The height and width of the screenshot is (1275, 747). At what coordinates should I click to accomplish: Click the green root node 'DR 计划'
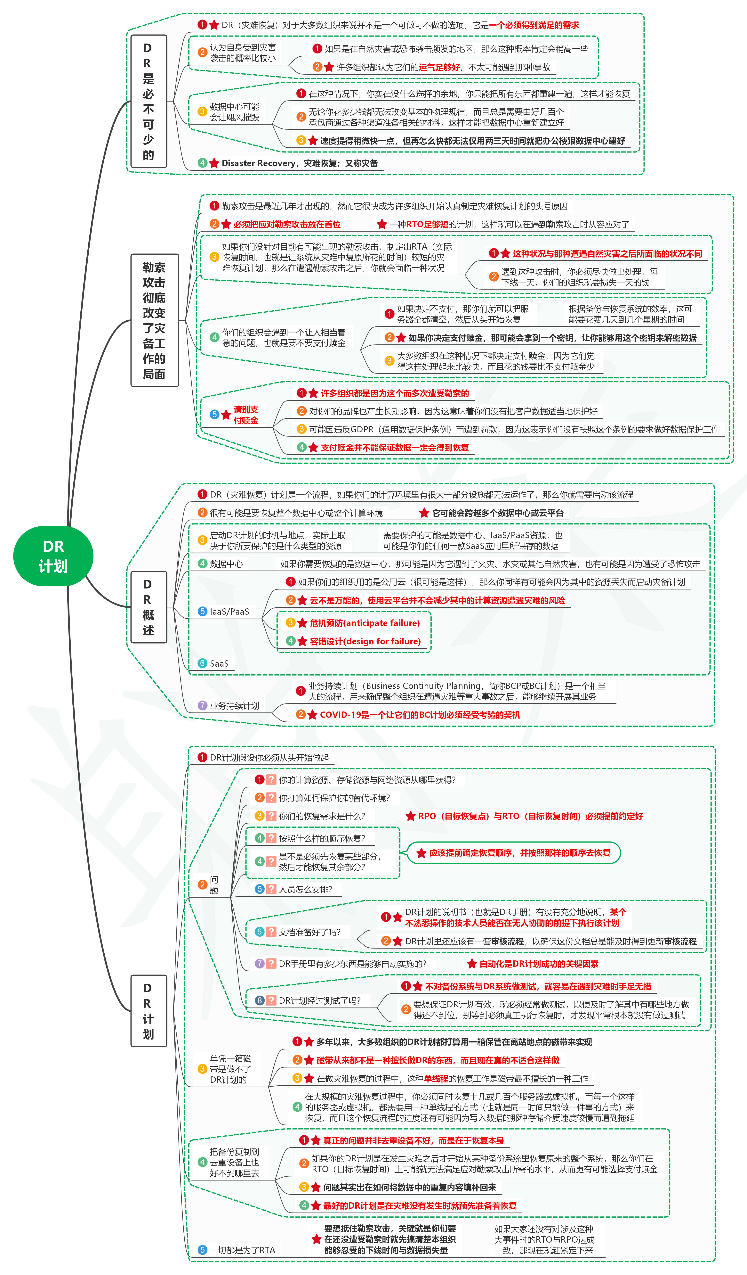click(x=53, y=556)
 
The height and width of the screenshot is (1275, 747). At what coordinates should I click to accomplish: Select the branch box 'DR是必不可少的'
click(x=148, y=101)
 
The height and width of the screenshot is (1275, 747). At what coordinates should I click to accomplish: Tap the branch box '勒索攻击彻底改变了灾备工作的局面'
click(x=154, y=320)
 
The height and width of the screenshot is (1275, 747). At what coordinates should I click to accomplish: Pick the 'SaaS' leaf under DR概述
click(x=219, y=663)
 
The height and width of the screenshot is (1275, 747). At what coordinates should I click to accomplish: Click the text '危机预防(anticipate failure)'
click(x=364, y=623)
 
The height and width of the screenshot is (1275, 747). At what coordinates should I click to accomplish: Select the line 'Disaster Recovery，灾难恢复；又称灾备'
click(x=299, y=163)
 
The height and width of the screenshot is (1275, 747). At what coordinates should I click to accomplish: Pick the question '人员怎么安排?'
click(x=305, y=889)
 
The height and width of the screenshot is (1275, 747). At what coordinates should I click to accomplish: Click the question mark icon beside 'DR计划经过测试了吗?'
click(x=271, y=1000)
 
